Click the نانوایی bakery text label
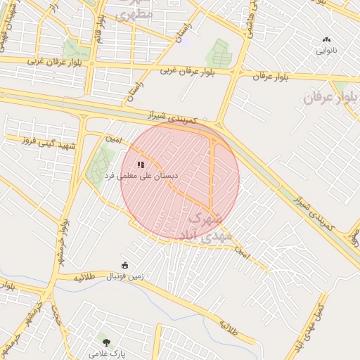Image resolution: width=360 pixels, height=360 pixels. coord(326,51)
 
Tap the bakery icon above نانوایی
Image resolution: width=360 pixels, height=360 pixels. coord(326,40)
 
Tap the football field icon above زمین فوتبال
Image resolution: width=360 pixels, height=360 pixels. coord(125,265)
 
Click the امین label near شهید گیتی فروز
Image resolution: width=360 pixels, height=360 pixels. coord(114,139)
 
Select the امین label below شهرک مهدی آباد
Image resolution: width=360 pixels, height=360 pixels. coord(243,250)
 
